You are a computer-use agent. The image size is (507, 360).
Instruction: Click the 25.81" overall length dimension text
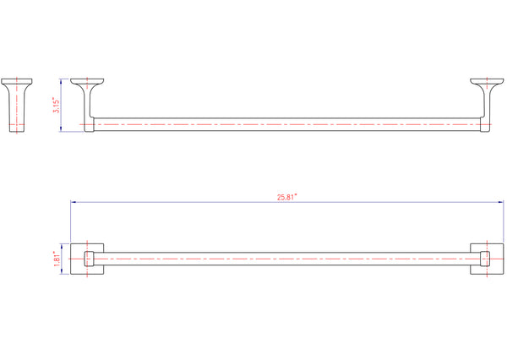287,197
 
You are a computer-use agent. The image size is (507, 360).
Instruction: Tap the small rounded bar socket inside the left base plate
89,258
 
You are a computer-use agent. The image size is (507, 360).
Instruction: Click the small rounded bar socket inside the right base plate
485,258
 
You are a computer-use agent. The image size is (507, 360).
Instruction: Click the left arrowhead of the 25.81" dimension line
73,202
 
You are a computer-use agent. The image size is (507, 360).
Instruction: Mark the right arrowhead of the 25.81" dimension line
500,202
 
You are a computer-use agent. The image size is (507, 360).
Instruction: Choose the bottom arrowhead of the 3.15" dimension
62,131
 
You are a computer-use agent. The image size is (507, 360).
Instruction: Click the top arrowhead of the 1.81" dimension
62,245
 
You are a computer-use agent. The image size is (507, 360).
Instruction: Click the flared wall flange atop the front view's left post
87,83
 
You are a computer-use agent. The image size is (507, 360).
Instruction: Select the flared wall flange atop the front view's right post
487,83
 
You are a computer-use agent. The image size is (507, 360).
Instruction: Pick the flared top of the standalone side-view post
18,83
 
